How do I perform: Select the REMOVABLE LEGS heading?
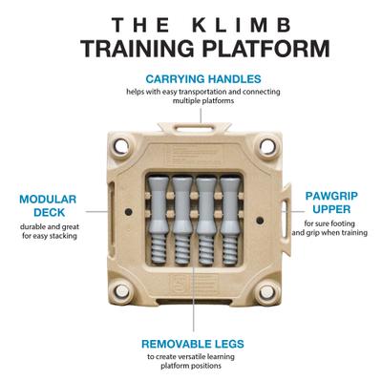pyautogui.click(x=200, y=342)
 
